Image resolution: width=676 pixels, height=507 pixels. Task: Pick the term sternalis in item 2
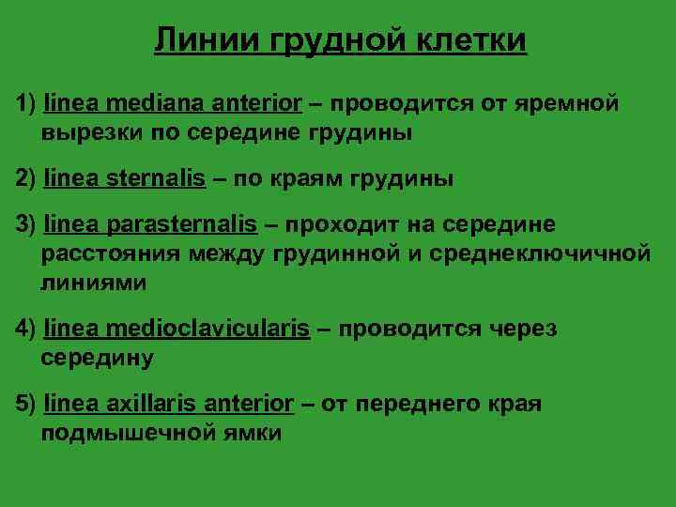coord(157,178)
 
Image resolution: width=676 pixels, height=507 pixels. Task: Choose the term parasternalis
coord(182,224)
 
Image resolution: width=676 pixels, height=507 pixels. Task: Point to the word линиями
coord(93,281)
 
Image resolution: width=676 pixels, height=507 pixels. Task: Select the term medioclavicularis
coord(208,328)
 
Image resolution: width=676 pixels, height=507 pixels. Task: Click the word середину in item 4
coord(97,358)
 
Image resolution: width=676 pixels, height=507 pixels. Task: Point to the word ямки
coord(249,434)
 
